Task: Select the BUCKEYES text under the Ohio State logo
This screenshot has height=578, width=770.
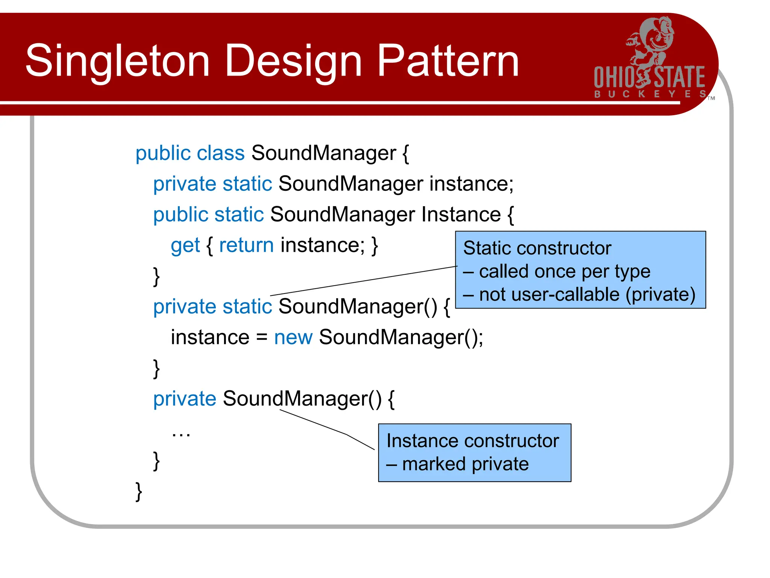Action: [650, 94]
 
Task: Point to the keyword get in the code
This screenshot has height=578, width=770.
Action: [185, 246]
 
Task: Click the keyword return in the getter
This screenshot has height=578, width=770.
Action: [246, 245]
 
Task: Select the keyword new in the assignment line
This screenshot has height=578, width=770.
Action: [293, 337]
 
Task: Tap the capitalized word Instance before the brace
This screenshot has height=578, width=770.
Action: [461, 214]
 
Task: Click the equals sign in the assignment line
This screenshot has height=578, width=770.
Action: [262, 338]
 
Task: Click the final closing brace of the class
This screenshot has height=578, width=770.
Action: [139, 491]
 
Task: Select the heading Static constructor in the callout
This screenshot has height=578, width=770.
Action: [537, 248]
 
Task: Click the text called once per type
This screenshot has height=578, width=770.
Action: [564, 272]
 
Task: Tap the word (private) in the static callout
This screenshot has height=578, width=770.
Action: [660, 295]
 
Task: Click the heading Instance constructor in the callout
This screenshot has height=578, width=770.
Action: [473, 441]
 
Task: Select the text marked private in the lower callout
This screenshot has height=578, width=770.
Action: [465, 464]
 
